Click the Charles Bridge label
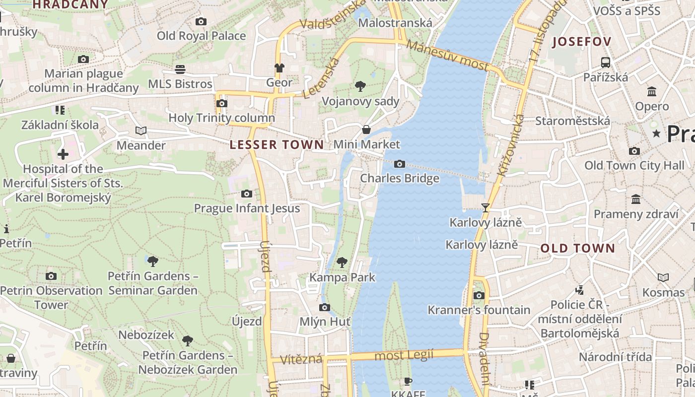coord(400,178)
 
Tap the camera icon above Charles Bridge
coord(400,164)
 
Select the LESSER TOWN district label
coord(277,145)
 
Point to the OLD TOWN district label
coord(577,248)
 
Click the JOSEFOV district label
coord(581,42)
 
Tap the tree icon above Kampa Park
coord(342,262)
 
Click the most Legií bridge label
coord(404,355)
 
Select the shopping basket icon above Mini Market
coord(366,130)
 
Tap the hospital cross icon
coord(63,154)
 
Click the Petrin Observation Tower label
coord(51,297)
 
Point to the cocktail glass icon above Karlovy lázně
coord(486,208)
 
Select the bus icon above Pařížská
coord(605,63)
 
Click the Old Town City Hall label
coord(634,165)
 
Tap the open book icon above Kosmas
coord(663,277)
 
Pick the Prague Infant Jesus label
coord(247,208)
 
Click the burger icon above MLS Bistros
coord(180,69)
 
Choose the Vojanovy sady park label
coord(360,101)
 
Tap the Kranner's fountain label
coord(479,310)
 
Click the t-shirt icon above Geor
coord(279,68)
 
